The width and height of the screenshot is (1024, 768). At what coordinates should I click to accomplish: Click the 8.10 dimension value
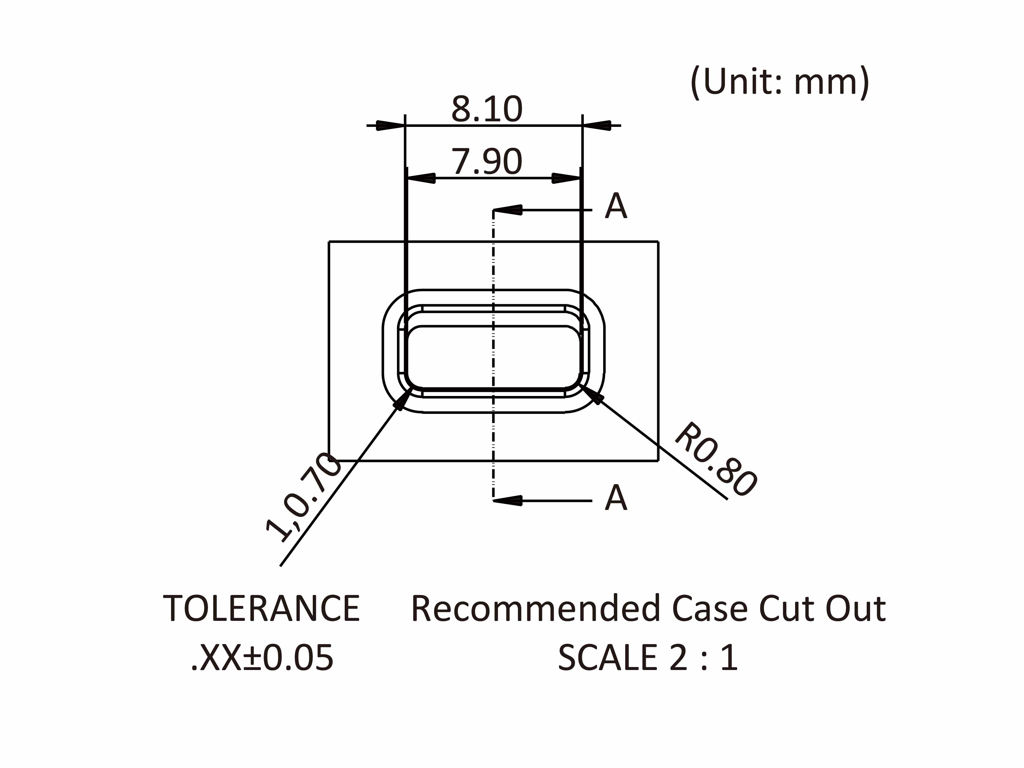[487, 109]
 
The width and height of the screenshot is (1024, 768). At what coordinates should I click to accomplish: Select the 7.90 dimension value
[487, 162]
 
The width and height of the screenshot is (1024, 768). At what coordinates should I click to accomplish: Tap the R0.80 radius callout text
[716, 460]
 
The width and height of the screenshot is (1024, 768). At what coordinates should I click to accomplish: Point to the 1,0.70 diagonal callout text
[304, 498]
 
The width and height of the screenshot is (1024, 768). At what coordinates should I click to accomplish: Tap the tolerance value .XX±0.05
[262, 658]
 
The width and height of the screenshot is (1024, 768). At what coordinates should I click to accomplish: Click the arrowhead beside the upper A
[508, 210]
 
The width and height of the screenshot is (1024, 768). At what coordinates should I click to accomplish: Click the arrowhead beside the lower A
[508, 500]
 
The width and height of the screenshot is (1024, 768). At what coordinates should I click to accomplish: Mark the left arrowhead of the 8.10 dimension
[390, 125]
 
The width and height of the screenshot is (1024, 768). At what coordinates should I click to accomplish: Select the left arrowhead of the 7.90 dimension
[421, 178]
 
